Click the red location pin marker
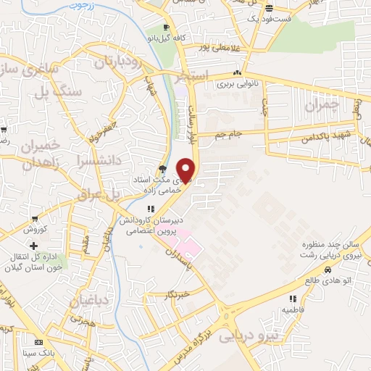point(187,170)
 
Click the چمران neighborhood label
point(321,106)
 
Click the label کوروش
point(34,229)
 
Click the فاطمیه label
point(293,309)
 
